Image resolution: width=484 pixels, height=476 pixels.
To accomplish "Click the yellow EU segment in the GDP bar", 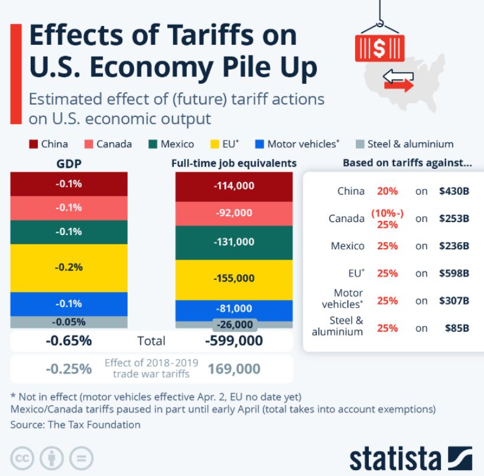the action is click(x=69, y=268).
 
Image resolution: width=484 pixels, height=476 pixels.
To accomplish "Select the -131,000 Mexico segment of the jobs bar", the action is click(x=234, y=243).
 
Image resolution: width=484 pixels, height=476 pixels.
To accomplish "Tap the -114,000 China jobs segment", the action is click(x=234, y=187).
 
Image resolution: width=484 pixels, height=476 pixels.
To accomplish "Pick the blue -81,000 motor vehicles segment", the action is click(x=234, y=310).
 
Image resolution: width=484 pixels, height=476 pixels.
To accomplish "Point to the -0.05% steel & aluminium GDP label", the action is click(x=69, y=322).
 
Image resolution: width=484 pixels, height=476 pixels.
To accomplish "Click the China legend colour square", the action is click(x=33, y=144).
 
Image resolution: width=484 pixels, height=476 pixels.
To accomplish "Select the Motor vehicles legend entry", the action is click(x=297, y=144).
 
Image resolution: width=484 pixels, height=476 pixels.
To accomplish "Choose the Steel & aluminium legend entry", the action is click(x=405, y=144).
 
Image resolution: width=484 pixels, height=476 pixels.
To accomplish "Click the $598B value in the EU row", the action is click(x=454, y=273).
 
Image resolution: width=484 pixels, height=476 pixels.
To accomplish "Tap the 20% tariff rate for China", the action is click(x=388, y=191).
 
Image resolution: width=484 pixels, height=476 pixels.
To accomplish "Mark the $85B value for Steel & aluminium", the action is click(x=457, y=328).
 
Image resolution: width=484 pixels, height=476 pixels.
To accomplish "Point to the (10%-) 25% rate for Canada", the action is click(x=388, y=219).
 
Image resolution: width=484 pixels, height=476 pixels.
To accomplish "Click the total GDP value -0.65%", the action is click(x=69, y=341).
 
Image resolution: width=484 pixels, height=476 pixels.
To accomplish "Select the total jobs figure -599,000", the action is click(x=234, y=341).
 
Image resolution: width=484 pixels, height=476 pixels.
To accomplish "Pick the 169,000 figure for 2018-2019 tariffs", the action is click(x=234, y=369).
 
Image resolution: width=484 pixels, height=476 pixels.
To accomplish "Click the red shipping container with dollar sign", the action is click(x=379, y=48).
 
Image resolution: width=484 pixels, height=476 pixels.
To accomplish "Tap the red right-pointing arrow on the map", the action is click(x=399, y=86).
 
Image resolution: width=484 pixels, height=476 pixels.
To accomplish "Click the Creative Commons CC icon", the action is click(x=22, y=458).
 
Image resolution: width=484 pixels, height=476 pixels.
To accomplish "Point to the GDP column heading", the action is click(x=69, y=164).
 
